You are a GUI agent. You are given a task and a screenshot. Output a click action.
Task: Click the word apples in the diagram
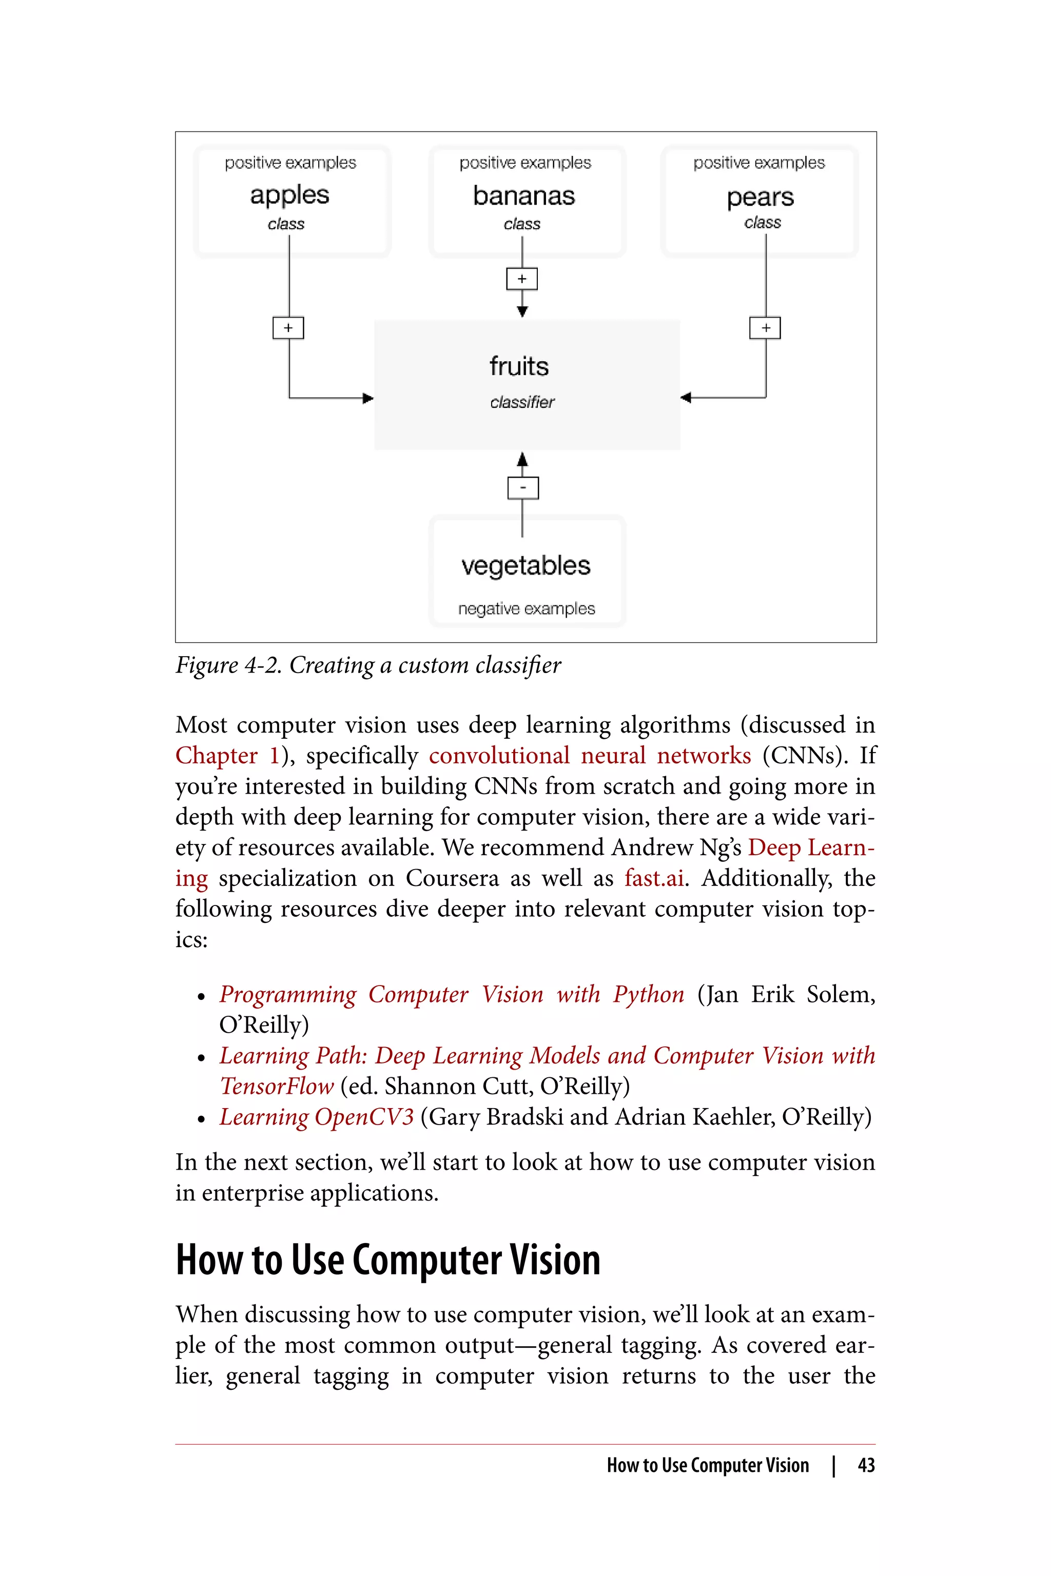289,195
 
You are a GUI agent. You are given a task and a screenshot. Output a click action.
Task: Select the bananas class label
523,195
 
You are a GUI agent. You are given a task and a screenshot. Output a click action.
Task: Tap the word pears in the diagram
760,197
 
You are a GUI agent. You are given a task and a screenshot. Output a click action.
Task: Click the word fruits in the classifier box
519,366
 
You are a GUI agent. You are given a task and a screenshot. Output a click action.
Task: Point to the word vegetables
525,565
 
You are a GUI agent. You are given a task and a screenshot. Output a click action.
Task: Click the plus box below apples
288,328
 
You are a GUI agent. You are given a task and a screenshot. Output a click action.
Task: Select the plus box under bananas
522,279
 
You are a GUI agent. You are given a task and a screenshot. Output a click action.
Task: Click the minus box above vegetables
523,487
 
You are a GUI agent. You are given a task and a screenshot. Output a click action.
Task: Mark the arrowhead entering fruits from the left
367,398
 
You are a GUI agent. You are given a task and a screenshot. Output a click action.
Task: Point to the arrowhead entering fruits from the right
686,398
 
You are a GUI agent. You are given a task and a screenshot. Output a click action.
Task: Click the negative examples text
526,608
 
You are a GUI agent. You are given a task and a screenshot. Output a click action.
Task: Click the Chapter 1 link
227,755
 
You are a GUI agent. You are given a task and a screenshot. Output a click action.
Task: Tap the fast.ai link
654,878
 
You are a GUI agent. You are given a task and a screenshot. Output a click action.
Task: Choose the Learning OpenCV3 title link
316,1116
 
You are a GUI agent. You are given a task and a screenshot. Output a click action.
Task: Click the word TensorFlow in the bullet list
277,1086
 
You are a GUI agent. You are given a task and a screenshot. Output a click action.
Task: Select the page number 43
866,1465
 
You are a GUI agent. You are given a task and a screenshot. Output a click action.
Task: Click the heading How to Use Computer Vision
387,1260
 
